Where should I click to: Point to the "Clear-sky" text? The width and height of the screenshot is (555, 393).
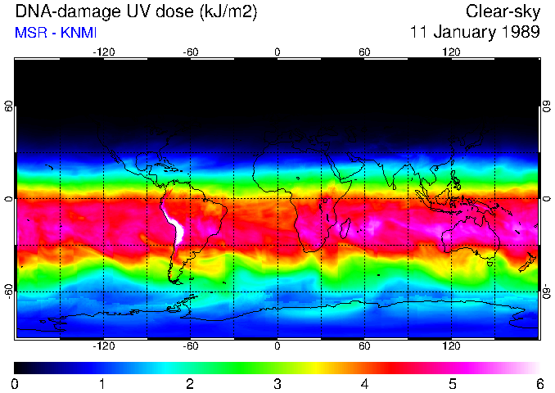tap(503, 12)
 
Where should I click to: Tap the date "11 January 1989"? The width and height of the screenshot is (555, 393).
tap(475, 33)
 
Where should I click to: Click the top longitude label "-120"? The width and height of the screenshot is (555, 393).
tap(103, 52)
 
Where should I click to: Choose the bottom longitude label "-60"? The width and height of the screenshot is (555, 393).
tap(191, 346)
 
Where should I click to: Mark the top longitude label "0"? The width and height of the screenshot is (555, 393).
tap(277, 52)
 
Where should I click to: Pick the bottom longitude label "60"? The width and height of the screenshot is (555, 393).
tap(364, 346)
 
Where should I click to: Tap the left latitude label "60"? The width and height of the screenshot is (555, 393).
tap(8, 106)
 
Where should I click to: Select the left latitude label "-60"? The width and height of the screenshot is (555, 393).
tap(8, 291)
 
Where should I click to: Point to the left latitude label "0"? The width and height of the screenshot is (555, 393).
tap(8, 199)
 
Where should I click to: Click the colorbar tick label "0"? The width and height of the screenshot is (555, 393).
tap(16, 383)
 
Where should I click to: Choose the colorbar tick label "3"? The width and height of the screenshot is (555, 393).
tap(277, 383)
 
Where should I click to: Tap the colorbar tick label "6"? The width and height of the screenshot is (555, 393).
tap(539, 383)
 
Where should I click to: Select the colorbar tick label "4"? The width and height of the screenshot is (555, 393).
tap(364, 383)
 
